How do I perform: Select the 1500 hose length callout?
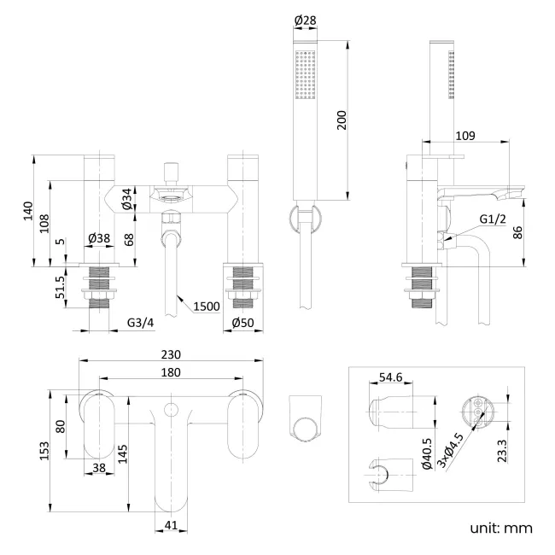pos(207,306)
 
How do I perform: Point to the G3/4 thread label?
pos(141,323)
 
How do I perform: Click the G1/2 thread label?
pos(492,219)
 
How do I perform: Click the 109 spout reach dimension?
pos(464,136)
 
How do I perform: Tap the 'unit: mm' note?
pos(500,528)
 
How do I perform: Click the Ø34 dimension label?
pos(126,200)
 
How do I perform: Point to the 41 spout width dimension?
pos(172,526)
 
